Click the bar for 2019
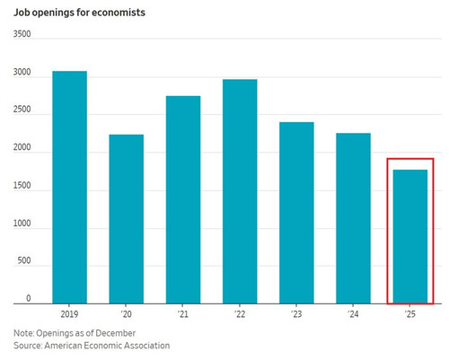coord(70,188)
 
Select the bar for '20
coord(127,219)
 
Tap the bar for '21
coord(183,200)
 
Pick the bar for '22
coord(240,191)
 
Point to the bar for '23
coord(296,213)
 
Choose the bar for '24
coord(353,218)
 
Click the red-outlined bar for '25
coord(410,237)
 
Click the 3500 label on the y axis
coord(22,34)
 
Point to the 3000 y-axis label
coord(22,72)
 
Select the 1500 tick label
coord(22,186)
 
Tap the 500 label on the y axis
coord(24,260)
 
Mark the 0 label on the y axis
coord(29,298)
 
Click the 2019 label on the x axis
coord(69,314)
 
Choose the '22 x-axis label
coord(239,314)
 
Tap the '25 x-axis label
coord(409,314)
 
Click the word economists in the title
coord(119,13)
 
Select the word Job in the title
coord(21,13)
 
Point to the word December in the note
coord(116,333)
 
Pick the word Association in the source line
coord(147,346)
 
